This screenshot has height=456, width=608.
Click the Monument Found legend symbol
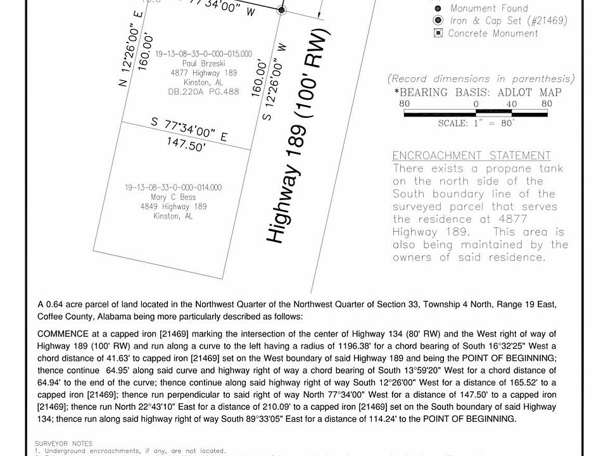[438, 8]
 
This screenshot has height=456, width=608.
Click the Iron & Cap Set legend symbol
[438, 20]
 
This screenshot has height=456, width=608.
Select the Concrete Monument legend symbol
[438, 33]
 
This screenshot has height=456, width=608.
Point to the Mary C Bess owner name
[174, 197]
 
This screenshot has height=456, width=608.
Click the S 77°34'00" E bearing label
[189, 129]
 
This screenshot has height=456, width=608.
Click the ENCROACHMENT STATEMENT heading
[471, 156]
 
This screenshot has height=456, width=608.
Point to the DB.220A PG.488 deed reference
[203, 92]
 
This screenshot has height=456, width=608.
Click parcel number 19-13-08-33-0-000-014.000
[174, 187]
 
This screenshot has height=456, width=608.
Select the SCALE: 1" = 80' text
[476, 123]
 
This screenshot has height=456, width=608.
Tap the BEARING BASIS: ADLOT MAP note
[477, 92]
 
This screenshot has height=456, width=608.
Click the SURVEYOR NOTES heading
[65, 443]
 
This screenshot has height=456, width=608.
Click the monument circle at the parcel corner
[282, 9]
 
